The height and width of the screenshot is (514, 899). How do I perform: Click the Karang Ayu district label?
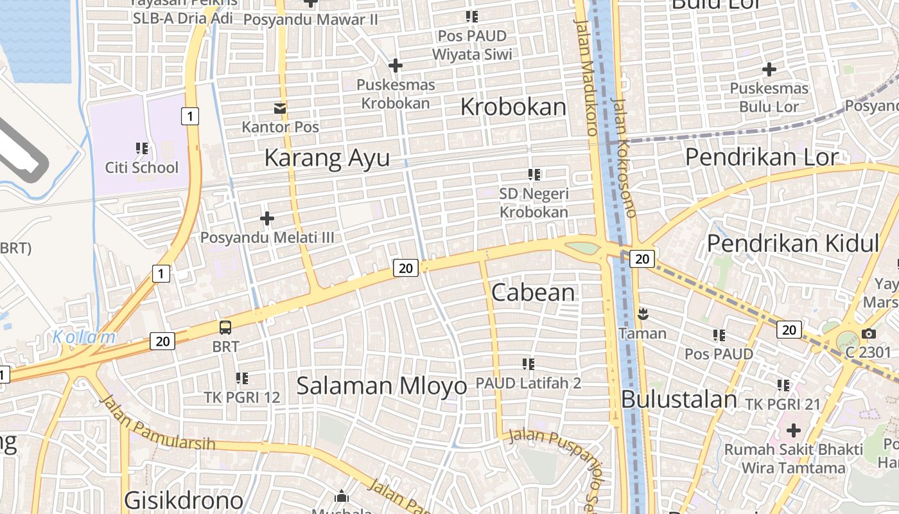327,157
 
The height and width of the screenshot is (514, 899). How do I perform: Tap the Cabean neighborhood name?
533,292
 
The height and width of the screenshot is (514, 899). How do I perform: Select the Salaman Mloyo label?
381,385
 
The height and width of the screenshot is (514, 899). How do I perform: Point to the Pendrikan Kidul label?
792,244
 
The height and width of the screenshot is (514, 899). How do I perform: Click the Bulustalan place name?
679,399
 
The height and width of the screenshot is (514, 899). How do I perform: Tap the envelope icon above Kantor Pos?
280,108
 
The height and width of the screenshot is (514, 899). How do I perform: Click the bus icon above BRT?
225,327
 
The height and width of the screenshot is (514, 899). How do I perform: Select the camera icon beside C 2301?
868,333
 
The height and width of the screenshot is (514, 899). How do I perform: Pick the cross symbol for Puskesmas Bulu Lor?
769,69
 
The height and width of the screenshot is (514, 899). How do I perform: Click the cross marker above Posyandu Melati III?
267,218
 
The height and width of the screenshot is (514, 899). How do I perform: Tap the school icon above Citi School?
142,148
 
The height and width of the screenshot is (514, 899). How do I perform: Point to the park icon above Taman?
642,314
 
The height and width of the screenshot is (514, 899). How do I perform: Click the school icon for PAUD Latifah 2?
528,364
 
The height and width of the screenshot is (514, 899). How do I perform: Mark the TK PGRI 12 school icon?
241,378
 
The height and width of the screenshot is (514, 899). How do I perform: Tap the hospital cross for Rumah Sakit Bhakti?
794,430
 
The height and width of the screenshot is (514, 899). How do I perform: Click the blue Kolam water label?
84,337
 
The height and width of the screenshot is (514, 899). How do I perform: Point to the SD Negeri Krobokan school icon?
534,174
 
